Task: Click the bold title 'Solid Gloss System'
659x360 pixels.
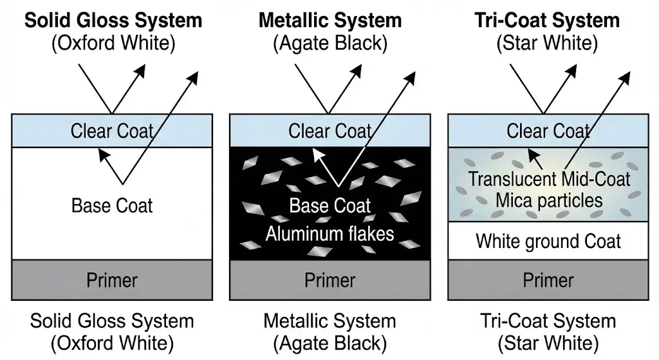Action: (113, 20)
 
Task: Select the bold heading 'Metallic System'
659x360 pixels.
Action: (330, 20)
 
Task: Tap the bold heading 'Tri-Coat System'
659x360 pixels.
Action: (548, 20)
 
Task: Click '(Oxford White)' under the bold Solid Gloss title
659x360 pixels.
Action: (113, 44)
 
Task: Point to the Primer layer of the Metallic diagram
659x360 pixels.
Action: (330, 280)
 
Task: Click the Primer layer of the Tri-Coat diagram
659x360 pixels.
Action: (548, 280)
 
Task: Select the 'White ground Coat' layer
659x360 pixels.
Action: (548, 242)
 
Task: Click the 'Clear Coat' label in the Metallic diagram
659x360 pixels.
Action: (330, 131)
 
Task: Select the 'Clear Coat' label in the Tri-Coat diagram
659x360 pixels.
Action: (548, 131)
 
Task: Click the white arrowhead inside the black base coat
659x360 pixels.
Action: (316, 153)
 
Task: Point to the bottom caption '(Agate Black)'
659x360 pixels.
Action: (330, 342)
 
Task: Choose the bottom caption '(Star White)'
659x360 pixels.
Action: (548, 342)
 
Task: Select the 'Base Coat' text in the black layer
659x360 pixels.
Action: (330, 206)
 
